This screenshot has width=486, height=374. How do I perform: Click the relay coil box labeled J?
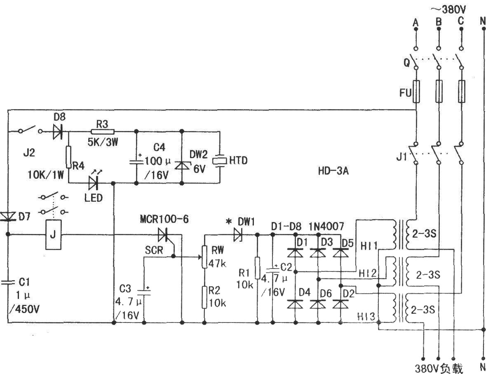(x=53, y=234)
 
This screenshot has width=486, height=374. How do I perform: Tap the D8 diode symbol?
(x=58, y=131)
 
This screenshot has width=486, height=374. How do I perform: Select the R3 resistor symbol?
(x=102, y=131)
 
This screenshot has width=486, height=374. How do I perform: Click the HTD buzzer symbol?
(x=220, y=161)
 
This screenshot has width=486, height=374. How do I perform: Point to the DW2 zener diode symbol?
(x=182, y=165)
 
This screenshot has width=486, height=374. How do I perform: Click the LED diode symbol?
(x=94, y=182)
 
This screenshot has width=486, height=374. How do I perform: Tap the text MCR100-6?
(x=164, y=220)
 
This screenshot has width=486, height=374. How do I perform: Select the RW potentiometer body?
(x=204, y=257)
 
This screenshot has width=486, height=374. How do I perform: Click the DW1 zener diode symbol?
(x=238, y=234)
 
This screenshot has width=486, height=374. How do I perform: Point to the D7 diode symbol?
(x=7, y=216)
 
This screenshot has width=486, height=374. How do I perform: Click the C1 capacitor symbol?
(x=7, y=282)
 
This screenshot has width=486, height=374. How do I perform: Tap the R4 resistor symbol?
(x=68, y=157)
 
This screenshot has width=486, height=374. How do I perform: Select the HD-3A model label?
(x=333, y=171)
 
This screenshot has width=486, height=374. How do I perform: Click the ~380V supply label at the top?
(x=448, y=9)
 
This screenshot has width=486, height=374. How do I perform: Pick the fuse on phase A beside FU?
(x=416, y=91)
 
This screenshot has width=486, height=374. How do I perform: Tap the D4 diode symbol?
(x=295, y=304)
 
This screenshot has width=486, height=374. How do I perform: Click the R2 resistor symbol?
(x=204, y=297)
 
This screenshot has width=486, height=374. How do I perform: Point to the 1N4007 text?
(x=326, y=227)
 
